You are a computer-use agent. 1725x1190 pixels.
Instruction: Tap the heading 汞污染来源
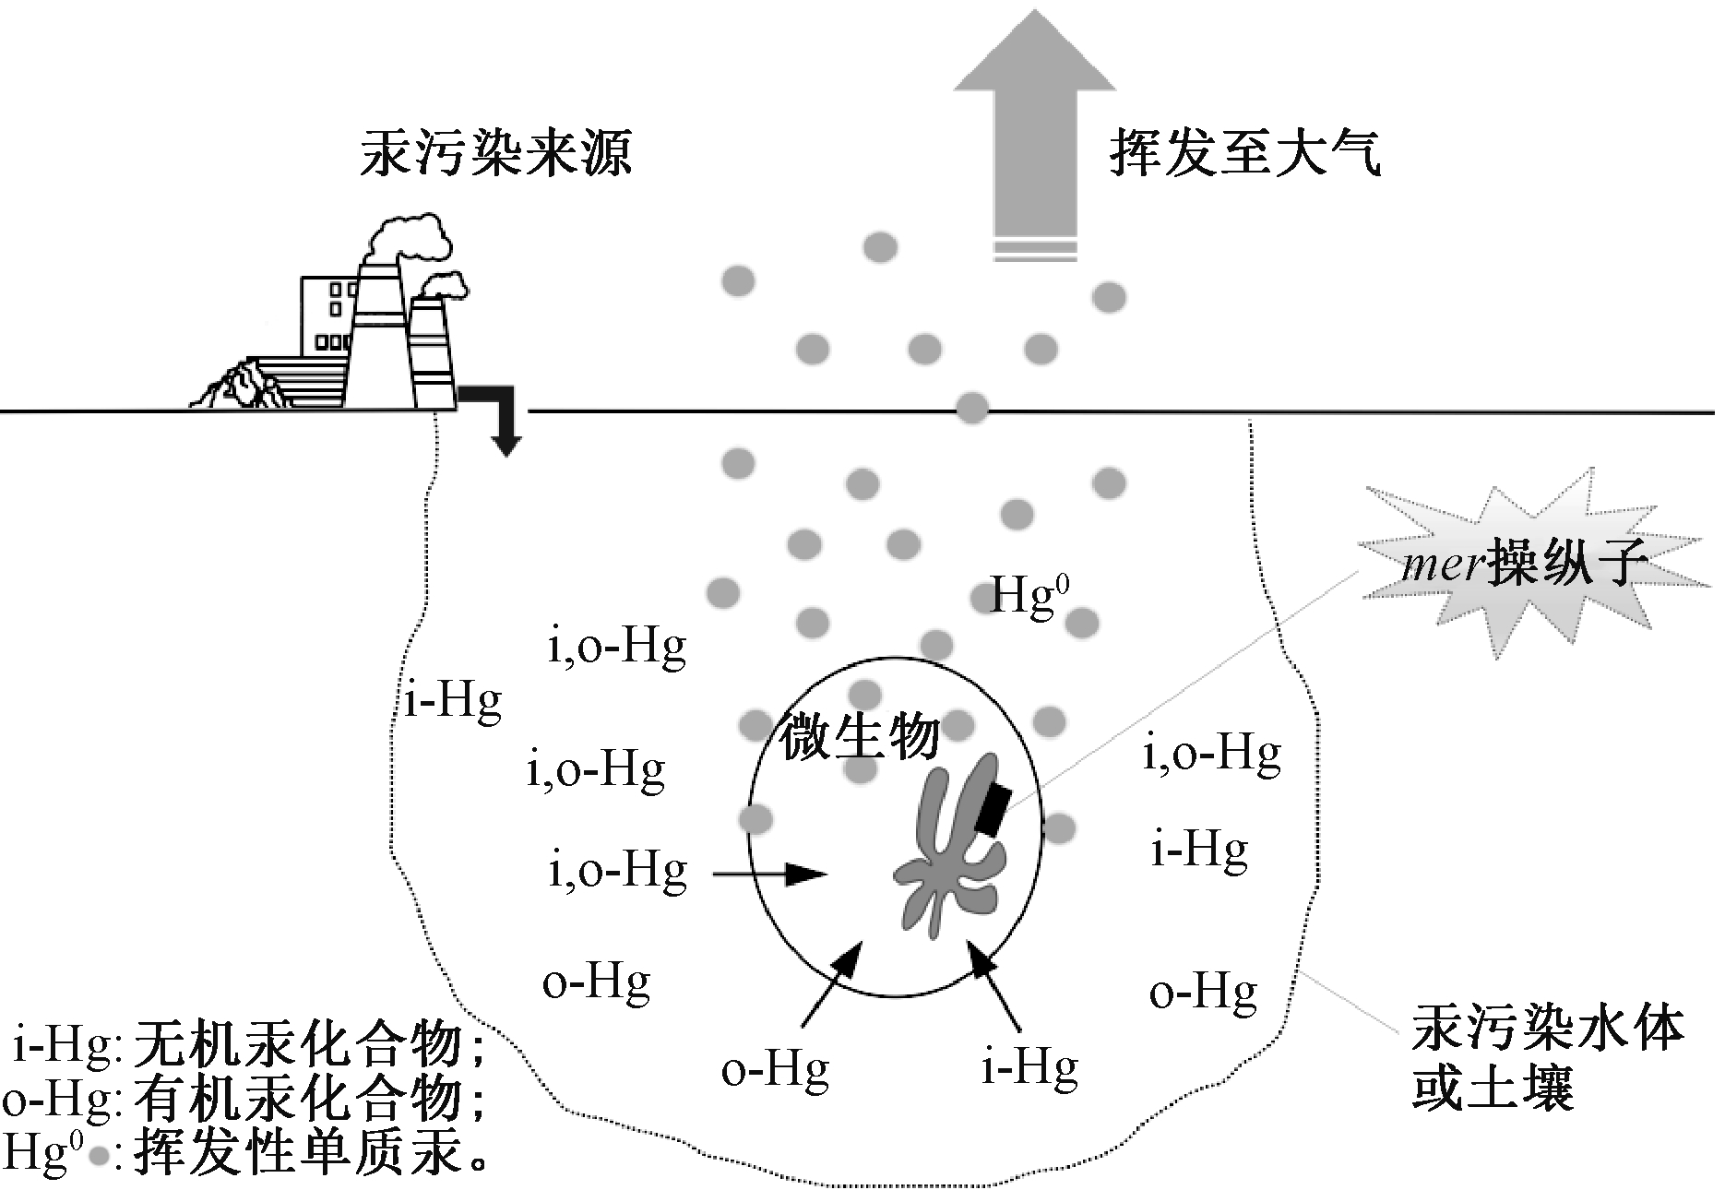(495, 152)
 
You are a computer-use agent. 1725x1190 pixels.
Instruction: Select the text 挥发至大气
(1244, 152)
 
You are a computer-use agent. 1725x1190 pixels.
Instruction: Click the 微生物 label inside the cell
(860, 738)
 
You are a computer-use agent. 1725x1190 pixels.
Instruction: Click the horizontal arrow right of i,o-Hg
(767, 873)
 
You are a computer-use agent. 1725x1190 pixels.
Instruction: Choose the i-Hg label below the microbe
(1029, 1068)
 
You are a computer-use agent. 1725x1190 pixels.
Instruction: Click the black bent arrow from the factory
(494, 415)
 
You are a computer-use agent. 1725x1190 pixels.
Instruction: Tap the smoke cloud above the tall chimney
(410, 238)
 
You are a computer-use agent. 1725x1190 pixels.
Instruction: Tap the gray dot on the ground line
(970, 407)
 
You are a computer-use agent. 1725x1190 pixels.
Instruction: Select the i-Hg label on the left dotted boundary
(453, 701)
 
